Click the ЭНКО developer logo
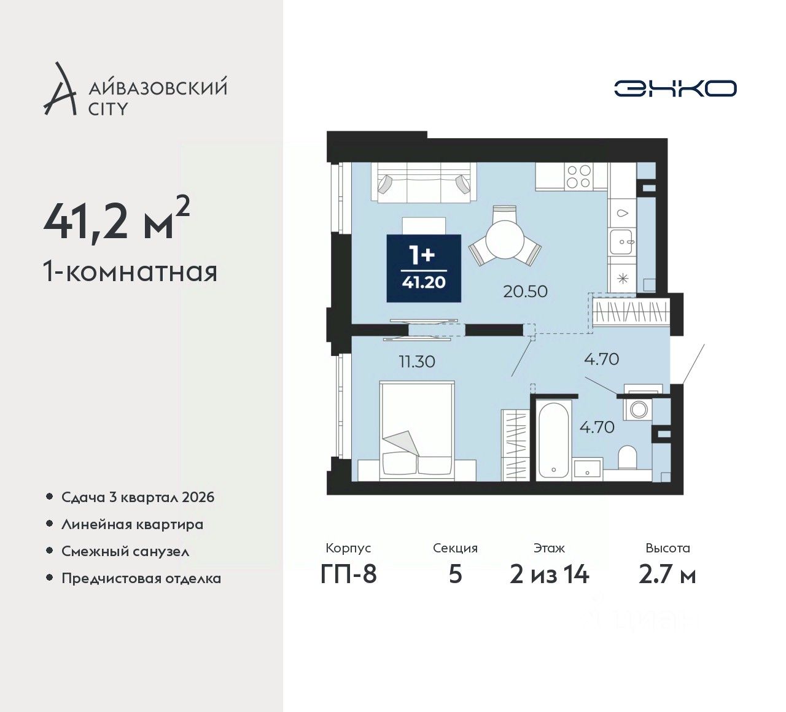coord(675,88)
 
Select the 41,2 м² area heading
coord(117,219)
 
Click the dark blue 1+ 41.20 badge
coord(424,268)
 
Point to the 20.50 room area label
coord(525,292)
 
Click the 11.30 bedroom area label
coord(417,362)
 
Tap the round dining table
coord(505,239)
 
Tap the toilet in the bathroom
coord(628,457)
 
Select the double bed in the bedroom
coord(416,430)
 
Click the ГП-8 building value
coord(348,575)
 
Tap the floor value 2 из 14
coord(550,575)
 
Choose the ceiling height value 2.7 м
coord(667,575)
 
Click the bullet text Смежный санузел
coord(125,551)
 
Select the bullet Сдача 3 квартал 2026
coord(138,497)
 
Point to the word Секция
coord(455,548)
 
